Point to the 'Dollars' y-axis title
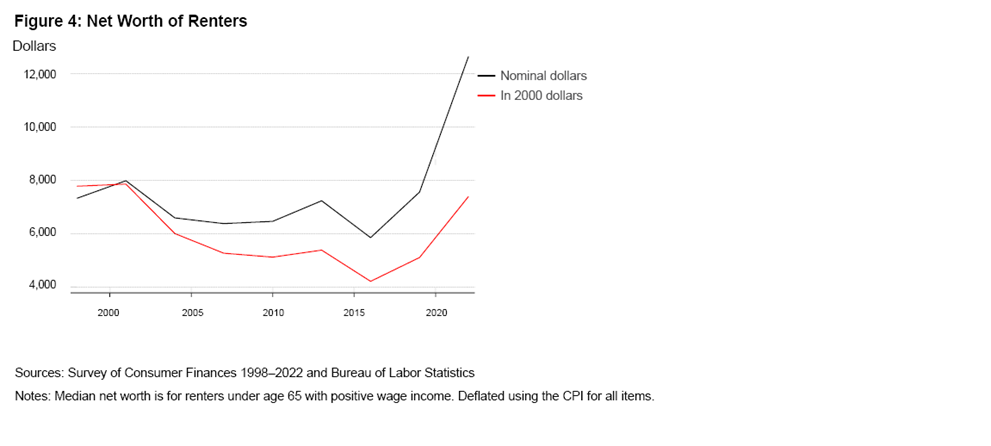coord(35,45)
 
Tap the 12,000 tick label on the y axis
coord(40,74)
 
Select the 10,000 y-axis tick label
coord(40,127)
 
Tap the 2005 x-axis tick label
coord(190,313)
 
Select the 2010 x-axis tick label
coord(272,313)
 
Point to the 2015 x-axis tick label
coord(354,313)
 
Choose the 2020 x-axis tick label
coord(436,313)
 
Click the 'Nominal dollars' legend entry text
coord(543,76)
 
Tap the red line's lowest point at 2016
coord(370,281)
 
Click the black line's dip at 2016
coord(370,237)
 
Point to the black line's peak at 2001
coord(125,181)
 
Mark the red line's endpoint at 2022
coord(468,196)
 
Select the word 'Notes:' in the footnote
coord(35,396)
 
